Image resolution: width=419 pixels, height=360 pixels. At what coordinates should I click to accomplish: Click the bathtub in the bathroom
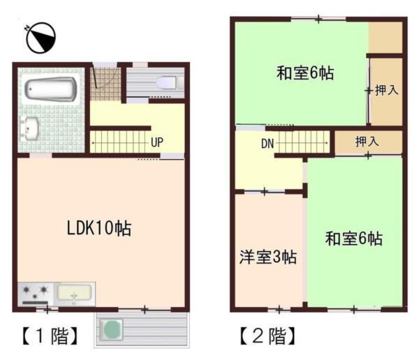(50, 91)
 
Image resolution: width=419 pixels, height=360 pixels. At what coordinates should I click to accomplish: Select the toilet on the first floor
(166, 83)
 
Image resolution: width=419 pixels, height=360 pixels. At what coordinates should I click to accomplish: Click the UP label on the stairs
(157, 142)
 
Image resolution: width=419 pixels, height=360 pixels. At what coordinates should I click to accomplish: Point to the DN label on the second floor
(267, 144)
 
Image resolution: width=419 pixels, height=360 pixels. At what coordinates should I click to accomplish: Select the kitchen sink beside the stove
(75, 294)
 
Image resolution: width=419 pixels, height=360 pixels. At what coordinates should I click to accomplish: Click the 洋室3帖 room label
(269, 257)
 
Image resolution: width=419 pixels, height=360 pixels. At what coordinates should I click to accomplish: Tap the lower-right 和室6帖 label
(353, 239)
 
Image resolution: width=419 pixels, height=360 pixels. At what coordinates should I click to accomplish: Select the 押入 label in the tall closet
(387, 91)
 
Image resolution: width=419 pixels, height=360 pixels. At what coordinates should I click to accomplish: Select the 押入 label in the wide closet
(367, 142)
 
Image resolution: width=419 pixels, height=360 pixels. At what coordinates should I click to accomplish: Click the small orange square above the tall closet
(385, 37)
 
